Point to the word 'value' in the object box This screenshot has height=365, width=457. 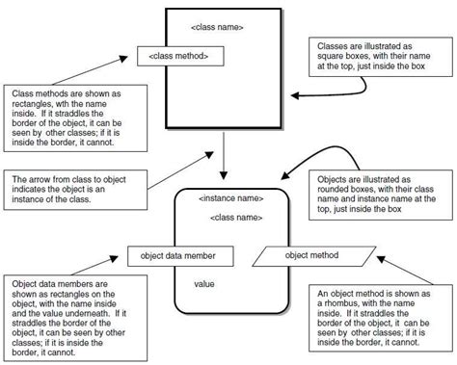coord(203,284)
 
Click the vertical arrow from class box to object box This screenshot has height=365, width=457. coord(223,155)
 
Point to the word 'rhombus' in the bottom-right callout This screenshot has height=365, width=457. coord(340,300)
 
